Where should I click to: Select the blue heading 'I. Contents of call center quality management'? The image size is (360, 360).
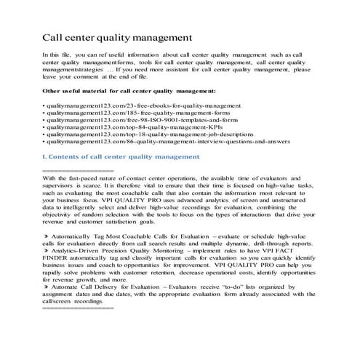[120, 156]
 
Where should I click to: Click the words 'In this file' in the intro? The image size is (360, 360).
[60, 55]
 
